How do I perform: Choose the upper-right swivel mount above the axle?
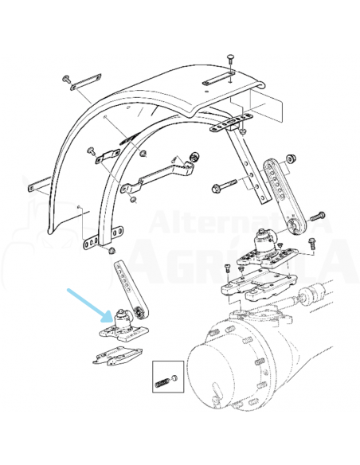(263, 243)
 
